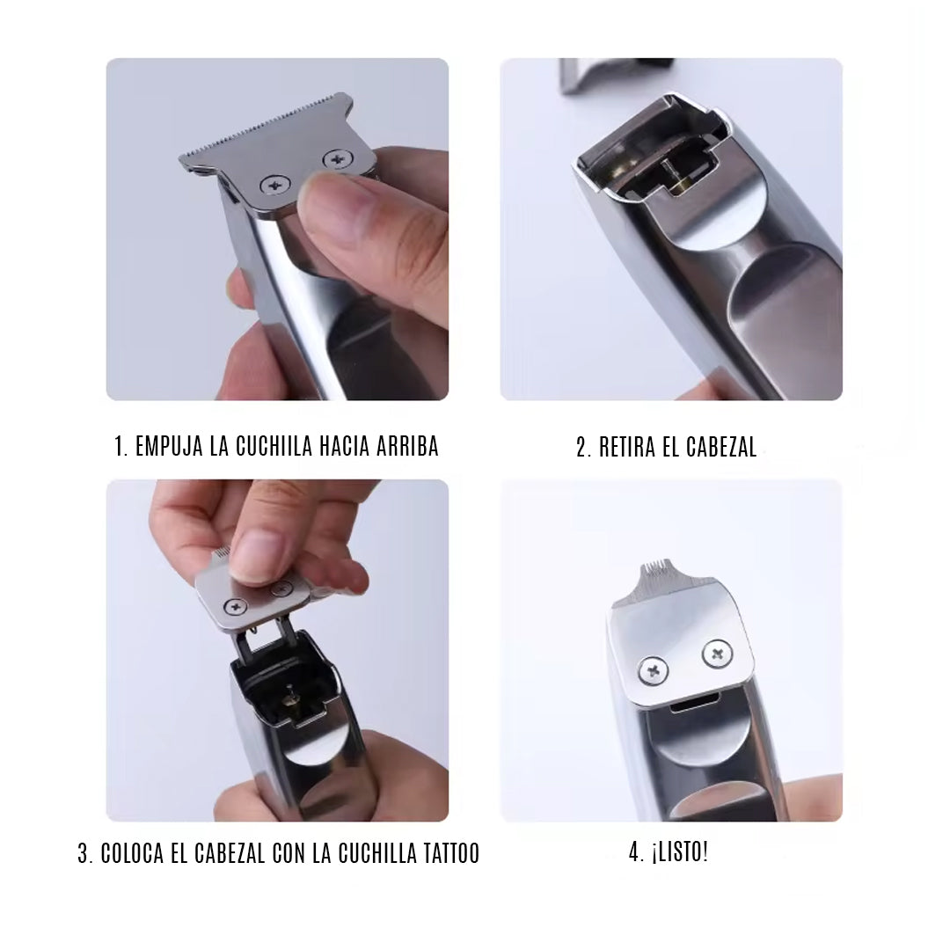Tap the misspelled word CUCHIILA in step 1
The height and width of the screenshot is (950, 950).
tap(274, 446)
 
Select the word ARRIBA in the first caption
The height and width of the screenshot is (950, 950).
tap(407, 446)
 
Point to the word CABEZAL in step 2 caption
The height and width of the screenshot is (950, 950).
tap(721, 447)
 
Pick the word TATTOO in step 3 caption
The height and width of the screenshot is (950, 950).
tap(449, 853)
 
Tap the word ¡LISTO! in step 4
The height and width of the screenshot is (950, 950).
tap(679, 851)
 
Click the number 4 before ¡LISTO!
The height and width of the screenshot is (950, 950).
tap(633, 852)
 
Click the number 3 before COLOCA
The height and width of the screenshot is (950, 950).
tap(83, 853)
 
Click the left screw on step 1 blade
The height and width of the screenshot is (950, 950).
tap(275, 185)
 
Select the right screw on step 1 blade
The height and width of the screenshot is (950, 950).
tap(338, 160)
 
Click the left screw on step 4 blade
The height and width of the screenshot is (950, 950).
tap(654, 670)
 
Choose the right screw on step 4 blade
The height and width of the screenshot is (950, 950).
tap(718, 654)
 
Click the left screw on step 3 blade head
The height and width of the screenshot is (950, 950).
tap(235, 606)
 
